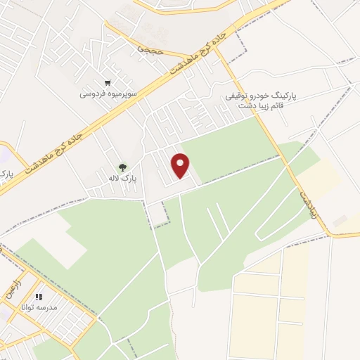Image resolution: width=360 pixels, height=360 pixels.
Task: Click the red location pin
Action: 181,165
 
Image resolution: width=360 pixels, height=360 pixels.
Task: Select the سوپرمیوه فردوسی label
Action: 108,93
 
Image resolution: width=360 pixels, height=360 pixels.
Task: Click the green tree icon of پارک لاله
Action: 122,167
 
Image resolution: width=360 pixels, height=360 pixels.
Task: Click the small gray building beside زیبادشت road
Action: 340,221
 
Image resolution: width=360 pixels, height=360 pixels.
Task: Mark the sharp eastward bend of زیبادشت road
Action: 330,234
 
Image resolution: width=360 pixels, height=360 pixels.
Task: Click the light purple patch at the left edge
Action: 4,153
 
